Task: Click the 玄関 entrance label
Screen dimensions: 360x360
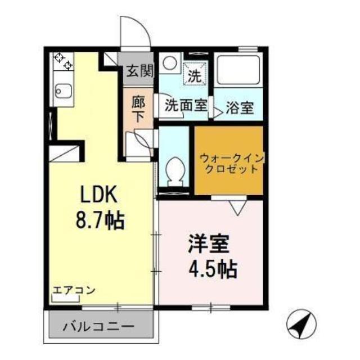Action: [x=138, y=72]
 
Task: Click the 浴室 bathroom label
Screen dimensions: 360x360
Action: [x=239, y=107]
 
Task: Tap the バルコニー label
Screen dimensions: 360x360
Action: [x=98, y=326]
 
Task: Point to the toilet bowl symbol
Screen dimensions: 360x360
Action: [x=175, y=169]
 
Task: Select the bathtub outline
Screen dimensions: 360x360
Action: [x=238, y=70]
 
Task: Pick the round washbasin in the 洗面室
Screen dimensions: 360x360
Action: [x=168, y=63]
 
